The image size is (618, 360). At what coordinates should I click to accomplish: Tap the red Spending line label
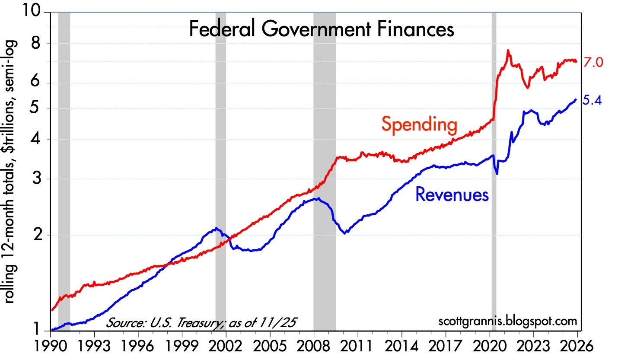(x=419, y=125)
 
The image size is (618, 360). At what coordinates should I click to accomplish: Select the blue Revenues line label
(x=452, y=195)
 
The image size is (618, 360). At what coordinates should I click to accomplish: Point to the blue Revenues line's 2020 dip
(x=497, y=174)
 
